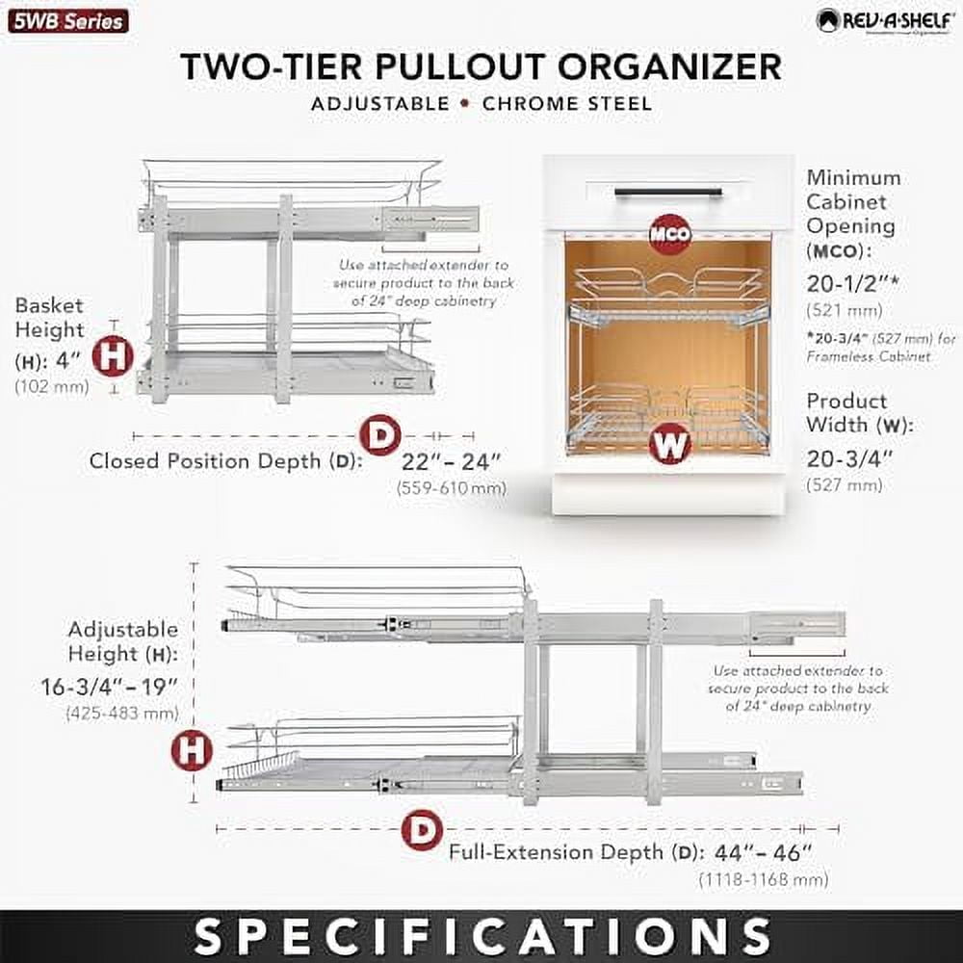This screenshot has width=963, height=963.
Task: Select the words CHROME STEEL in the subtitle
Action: tap(567, 103)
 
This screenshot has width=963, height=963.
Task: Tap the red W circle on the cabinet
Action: tap(670, 444)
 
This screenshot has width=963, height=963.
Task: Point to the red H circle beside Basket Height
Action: tap(113, 357)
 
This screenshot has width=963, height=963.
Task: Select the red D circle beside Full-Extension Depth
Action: tap(422, 830)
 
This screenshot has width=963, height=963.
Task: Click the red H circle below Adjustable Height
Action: tap(192, 750)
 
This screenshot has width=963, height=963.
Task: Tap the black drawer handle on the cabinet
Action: tap(667, 192)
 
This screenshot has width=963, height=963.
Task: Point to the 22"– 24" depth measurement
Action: tap(452, 461)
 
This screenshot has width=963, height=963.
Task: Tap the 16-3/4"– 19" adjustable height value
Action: tap(122, 690)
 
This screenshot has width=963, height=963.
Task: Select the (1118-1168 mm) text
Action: tap(764, 880)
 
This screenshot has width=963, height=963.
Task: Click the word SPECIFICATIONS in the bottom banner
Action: tap(481, 935)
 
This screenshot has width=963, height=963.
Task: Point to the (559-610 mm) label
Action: tap(452, 488)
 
